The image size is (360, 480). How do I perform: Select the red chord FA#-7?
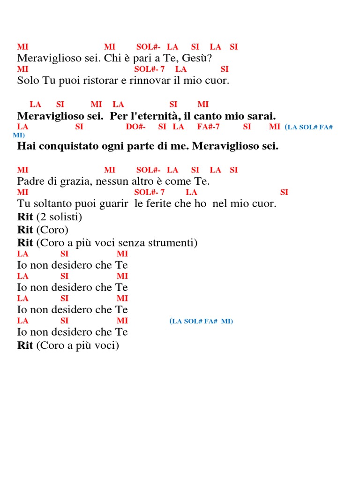[x=209, y=127]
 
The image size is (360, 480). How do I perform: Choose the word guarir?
[x=113, y=204]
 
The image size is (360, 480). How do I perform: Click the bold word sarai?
[x=262, y=116]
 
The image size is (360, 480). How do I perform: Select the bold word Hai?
[x=26, y=146]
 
